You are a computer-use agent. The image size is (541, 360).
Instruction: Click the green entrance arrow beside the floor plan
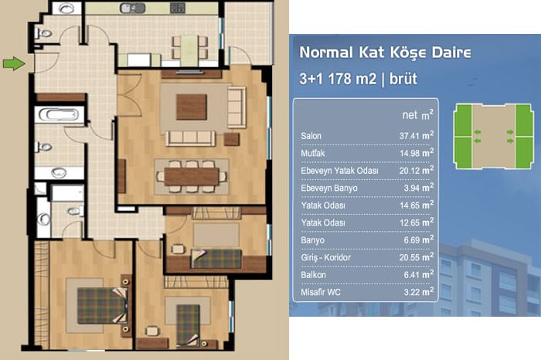(14, 64)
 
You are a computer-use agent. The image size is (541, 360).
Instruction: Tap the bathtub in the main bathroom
(59, 114)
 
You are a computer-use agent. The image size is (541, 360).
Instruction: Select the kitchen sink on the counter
(132, 8)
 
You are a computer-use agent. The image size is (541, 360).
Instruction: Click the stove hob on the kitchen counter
(178, 8)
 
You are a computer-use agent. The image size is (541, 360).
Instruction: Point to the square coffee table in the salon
(192, 107)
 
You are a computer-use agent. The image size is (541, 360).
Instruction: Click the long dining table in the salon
(192, 177)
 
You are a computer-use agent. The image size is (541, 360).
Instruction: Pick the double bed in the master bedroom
(103, 305)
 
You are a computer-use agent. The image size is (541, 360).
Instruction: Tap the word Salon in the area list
(311, 136)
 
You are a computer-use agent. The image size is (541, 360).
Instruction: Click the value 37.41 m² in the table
(417, 135)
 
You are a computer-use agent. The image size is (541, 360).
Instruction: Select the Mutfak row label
(312, 153)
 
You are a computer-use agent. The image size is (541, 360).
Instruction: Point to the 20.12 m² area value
(417, 170)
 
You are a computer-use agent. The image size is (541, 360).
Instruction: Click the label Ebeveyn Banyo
(328, 188)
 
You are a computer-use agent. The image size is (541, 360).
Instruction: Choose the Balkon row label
(313, 275)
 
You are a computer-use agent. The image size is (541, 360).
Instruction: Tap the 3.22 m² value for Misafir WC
(419, 292)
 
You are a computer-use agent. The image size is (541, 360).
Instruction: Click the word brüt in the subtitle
(403, 79)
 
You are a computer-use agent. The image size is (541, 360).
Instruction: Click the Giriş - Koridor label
(325, 257)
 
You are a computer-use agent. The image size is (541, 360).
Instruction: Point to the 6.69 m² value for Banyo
(419, 239)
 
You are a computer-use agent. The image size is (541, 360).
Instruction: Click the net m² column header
(417, 115)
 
